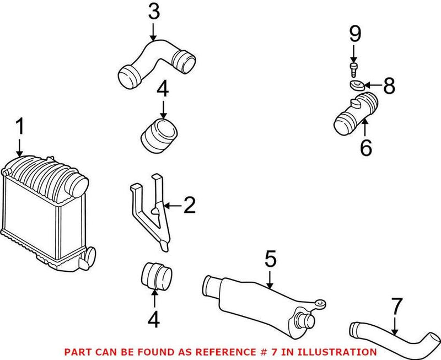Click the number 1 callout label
click(20, 127)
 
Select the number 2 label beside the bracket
click(189, 206)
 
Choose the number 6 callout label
click(366, 147)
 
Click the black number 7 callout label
click(396, 307)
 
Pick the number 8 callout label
click(389, 86)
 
